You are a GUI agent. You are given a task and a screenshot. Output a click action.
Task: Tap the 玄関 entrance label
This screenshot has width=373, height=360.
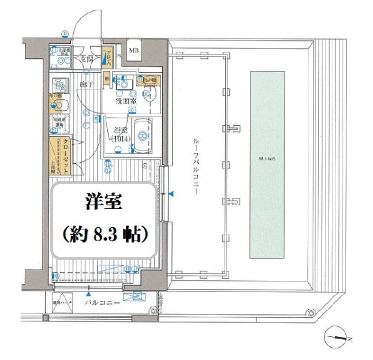click(x=87, y=58)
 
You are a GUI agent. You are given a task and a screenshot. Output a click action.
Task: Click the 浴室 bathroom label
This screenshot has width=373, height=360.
click(x=120, y=130)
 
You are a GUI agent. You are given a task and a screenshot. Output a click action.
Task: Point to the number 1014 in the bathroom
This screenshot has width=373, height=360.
click(x=121, y=138)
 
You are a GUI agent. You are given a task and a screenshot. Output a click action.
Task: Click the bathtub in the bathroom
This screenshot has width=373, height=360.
click(x=142, y=135)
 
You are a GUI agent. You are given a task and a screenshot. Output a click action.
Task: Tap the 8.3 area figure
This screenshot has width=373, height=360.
click(x=107, y=235)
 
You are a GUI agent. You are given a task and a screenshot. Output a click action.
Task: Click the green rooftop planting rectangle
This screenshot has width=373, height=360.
click(x=267, y=164)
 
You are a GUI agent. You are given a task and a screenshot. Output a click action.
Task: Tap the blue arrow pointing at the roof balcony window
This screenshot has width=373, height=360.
click(x=171, y=196)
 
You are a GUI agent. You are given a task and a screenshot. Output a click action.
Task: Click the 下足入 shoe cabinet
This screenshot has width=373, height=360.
click(x=106, y=57)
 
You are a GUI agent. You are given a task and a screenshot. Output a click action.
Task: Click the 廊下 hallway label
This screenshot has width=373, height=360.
click(x=86, y=84)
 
